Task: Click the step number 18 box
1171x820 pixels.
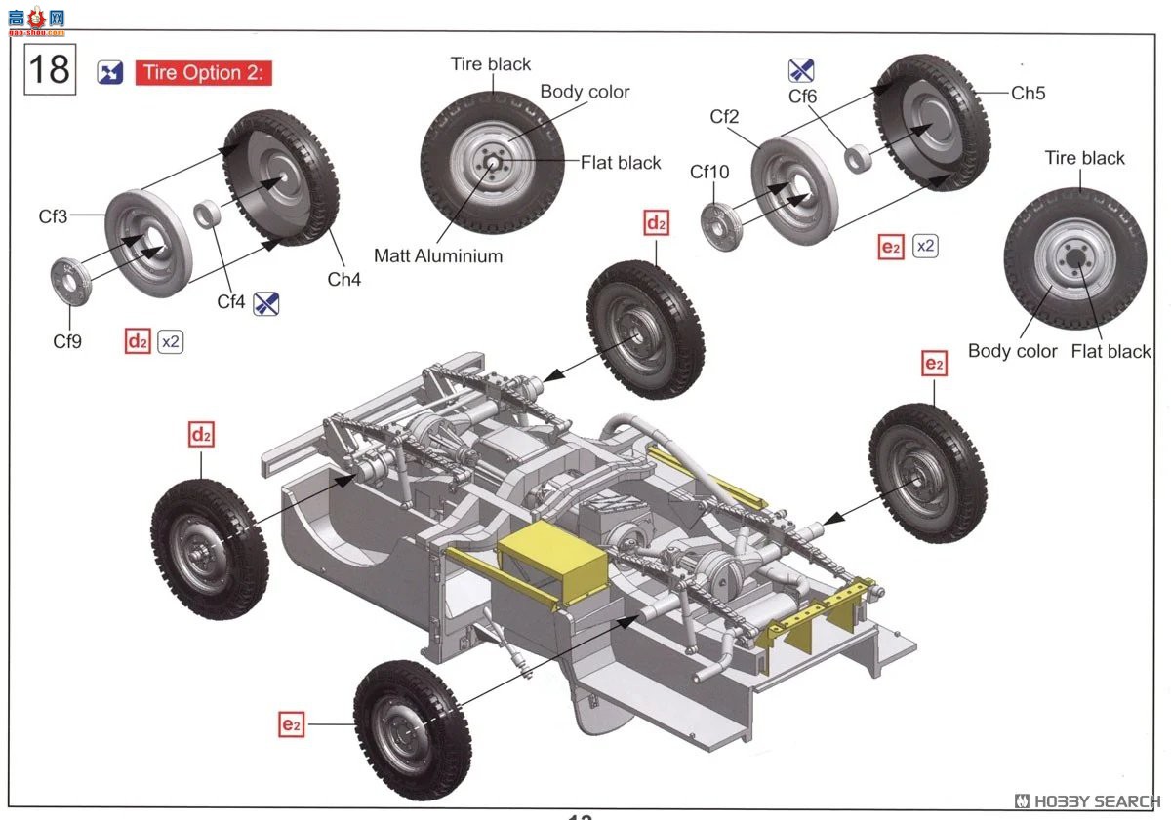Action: (x=49, y=70)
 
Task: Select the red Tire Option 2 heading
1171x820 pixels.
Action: (x=203, y=73)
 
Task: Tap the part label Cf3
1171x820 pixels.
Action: (x=54, y=216)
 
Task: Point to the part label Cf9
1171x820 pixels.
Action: (x=67, y=340)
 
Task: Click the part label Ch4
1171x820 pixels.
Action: (x=343, y=279)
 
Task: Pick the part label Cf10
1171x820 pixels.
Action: (x=709, y=173)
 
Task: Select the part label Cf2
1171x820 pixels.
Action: (x=724, y=117)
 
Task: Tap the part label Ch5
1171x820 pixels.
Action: (x=1028, y=93)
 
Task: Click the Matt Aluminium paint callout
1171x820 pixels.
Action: (x=438, y=256)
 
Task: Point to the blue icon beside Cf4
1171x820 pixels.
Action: (x=266, y=303)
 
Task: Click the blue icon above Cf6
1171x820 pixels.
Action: (x=801, y=70)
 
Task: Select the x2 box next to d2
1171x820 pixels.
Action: (x=171, y=342)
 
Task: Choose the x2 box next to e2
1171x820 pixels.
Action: (x=924, y=247)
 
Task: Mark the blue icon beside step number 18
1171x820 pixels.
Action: (x=110, y=72)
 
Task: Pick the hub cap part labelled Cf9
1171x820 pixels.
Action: (x=71, y=280)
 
